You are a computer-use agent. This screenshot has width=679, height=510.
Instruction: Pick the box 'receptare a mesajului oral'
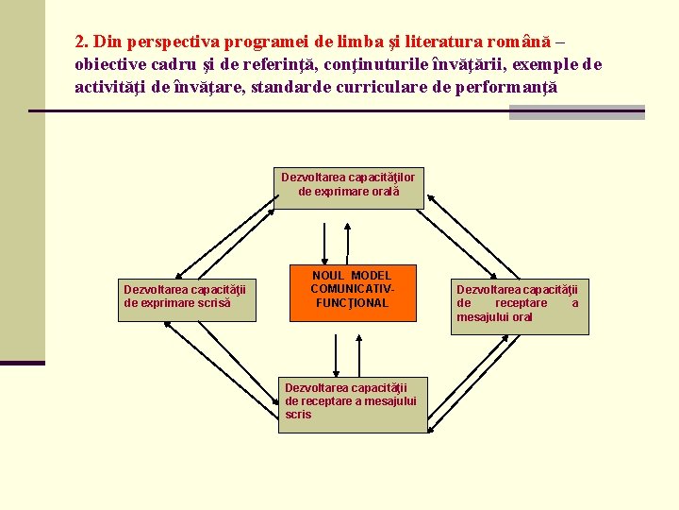pyautogui.click(x=519, y=303)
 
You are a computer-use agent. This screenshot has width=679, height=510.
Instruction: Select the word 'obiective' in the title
pyautogui.click(x=110, y=65)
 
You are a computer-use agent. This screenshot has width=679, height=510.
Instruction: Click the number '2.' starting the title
pyautogui.click(x=82, y=42)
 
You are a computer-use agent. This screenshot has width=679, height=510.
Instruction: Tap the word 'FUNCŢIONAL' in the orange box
pyautogui.click(x=352, y=303)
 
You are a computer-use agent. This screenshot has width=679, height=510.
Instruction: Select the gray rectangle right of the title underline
pyautogui.click(x=576, y=112)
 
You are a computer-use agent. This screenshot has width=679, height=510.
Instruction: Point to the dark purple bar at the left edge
pyautogui.click(x=22, y=363)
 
